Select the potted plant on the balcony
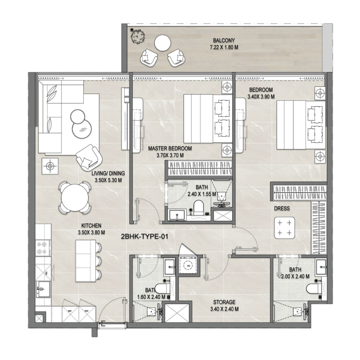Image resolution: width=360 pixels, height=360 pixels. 135,34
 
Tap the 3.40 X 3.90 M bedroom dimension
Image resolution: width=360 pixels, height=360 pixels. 261,96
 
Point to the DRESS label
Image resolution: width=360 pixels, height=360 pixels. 283,209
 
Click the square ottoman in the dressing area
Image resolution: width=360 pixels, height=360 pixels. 284,228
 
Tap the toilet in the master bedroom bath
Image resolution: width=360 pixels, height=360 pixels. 199,208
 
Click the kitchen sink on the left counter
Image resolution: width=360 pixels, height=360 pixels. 42,287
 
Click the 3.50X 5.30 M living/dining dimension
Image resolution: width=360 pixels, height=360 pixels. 109,180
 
